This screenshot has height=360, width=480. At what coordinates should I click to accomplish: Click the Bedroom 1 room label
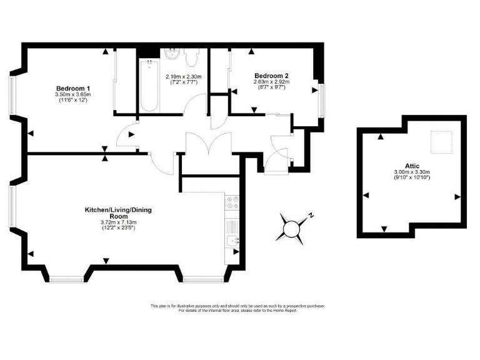tap(73, 87)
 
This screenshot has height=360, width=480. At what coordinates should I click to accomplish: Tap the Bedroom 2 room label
tap(270, 75)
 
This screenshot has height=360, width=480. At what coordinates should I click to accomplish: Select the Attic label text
tap(412, 166)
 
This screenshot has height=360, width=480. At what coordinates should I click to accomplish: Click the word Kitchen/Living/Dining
tap(117, 210)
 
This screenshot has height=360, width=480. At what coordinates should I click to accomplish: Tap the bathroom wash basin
tap(172, 54)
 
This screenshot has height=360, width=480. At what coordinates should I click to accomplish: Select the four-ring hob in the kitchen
tap(232, 203)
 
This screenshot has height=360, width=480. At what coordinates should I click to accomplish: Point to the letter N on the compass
tap(311, 215)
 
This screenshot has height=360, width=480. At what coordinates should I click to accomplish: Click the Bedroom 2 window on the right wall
tap(321, 100)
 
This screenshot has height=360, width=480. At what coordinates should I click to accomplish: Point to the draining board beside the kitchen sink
tap(232, 226)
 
